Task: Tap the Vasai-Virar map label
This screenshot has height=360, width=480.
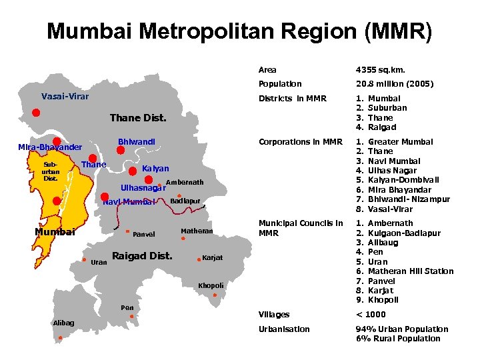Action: click(x=65, y=96)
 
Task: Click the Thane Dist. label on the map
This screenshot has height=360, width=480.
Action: click(x=138, y=118)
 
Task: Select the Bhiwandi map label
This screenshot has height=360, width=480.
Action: click(x=136, y=142)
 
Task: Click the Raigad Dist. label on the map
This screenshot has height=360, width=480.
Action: click(x=142, y=256)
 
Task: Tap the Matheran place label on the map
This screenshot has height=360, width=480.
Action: click(x=197, y=231)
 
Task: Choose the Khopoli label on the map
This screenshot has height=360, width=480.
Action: click(x=211, y=285)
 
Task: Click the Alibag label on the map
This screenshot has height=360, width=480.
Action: click(x=63, y=323)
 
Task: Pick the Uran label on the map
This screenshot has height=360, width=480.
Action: click(x=98, y=262)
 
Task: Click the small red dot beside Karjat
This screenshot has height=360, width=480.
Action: click(x=196, y=259)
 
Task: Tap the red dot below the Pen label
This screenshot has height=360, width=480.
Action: click(x=132, y=317)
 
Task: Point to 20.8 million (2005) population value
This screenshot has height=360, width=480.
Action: click(x=395, y=84)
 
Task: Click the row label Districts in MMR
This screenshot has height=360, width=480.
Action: click(x=292, y=99)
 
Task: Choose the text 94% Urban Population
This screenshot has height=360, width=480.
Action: click(x=402, y=329)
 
